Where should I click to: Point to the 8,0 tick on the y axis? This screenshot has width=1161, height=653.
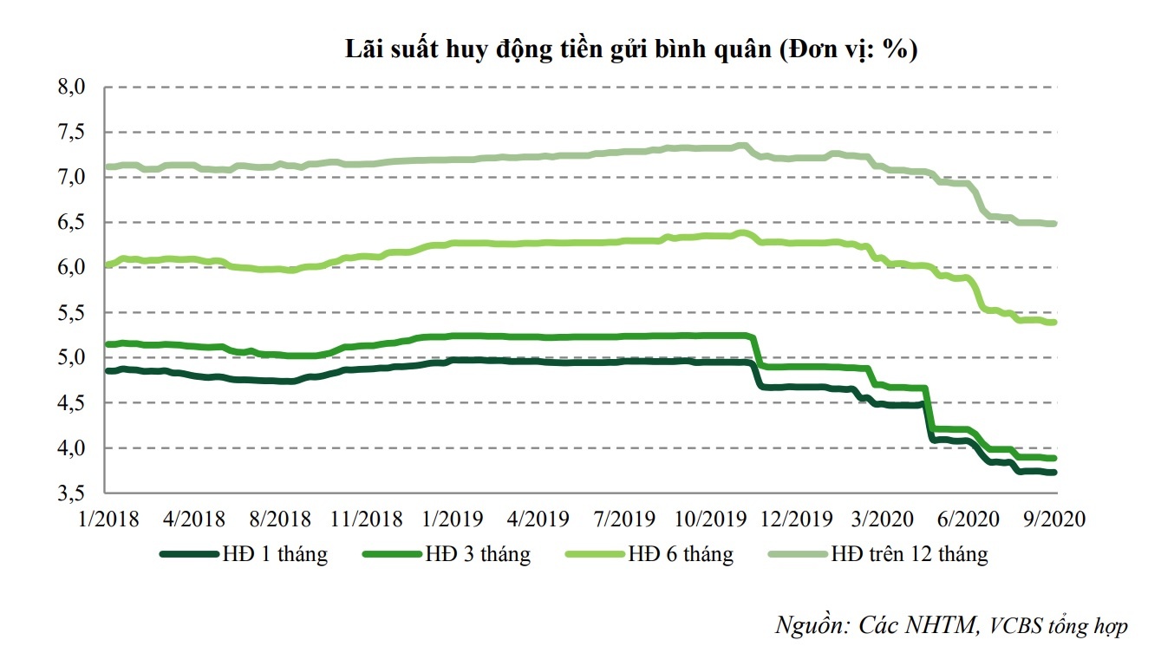(72, 87)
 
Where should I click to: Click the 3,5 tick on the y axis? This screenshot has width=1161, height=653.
(72, 493)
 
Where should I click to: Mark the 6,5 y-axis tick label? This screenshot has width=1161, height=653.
(72, 222)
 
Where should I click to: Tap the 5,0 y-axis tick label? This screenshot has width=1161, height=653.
(72, 357)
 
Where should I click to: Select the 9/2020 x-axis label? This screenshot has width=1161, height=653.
(1049, 519)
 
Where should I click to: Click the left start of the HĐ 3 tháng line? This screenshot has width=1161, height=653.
(106, 344)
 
